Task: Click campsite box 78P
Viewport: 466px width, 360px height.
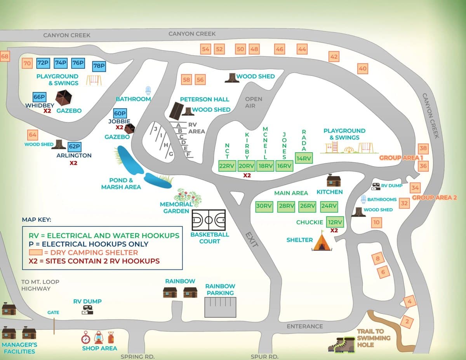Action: coord(99,66)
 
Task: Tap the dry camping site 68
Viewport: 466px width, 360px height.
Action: coord(4,57)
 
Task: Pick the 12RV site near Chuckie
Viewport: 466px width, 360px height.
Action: coord(335,222)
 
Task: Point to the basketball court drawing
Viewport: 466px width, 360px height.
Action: coord(209,220)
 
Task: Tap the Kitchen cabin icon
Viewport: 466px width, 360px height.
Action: coord(333,181)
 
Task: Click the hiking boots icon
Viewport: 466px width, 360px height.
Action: coord(341,344)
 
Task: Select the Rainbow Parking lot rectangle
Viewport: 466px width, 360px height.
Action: coord(220,307)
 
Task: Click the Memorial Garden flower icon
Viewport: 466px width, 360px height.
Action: coord(189,197)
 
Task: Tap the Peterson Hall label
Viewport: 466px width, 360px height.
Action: coord(204,99)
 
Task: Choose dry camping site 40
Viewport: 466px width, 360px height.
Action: coord(362,69)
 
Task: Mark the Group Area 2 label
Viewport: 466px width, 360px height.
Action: coord(435,197)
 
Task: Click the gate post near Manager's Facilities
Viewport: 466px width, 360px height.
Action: coord(54,326)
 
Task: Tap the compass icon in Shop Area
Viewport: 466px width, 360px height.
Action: coord(86,337)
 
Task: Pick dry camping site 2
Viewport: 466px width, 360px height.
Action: coord(407,321)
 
